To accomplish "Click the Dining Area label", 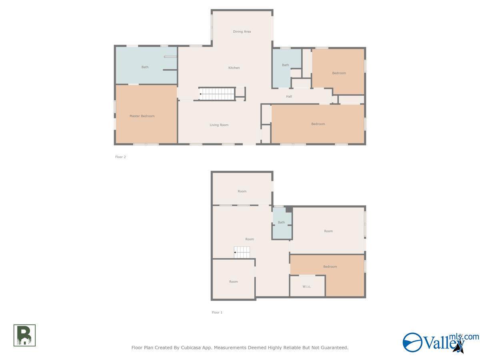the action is tap(242, 32).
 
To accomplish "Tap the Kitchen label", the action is tap(234, 68).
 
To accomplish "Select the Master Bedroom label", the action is tap(142, 116).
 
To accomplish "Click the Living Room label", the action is tap(219, 125).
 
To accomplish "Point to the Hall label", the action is tap(289, 96).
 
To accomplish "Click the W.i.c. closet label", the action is tap(306, 286).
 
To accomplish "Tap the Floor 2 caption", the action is tap(120, 157).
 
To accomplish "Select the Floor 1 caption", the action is tap(217, 312).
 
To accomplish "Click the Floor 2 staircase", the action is tap(217, 94).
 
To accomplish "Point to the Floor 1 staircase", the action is tap(242, 252).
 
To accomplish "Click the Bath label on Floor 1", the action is tap(282, 222).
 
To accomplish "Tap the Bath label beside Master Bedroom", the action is tap(145, 67).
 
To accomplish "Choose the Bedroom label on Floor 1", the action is tap(330, 266).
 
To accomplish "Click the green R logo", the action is tap(24, 335).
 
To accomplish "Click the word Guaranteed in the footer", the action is tap(334, 348).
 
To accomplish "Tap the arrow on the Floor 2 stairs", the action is tap(200, 94).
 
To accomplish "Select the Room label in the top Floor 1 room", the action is tap(242, 191).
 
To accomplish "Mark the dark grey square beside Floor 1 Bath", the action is tap(289, 209).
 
